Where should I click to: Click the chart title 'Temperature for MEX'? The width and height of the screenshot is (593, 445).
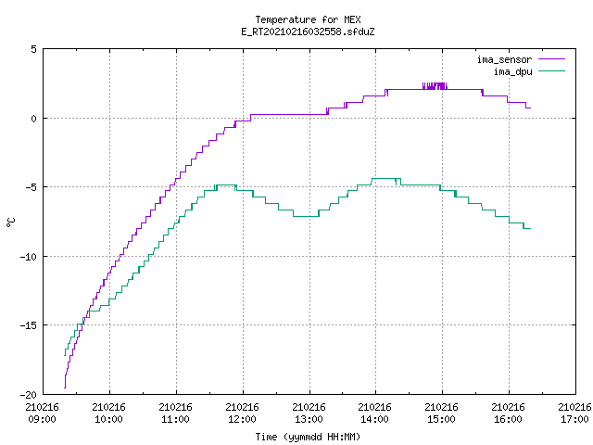tap(308, 19)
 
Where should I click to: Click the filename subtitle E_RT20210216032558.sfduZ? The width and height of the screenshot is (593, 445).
tap(308, 32)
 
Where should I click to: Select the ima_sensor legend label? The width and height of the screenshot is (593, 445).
tap(504, 59)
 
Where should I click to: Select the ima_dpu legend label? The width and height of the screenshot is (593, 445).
tap(512, 71)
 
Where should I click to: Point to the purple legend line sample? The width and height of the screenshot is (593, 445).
tap(552, 59)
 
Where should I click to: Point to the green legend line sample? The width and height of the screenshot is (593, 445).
tap(552, 71)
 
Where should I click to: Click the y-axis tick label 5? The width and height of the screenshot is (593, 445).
tap(33, 49)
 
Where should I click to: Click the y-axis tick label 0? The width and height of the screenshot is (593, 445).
tap(33, 119)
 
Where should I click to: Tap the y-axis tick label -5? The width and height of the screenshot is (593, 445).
tap(31, 187)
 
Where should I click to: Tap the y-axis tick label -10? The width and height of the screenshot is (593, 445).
tap(29, 257)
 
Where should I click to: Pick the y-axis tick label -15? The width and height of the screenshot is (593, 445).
tap(29, 325)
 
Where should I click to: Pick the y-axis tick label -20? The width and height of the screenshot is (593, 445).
tap(29, 395)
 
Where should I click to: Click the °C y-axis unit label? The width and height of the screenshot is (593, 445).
tap(10, 222)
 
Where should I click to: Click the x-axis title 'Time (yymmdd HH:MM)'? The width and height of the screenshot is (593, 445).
tap(308, 437)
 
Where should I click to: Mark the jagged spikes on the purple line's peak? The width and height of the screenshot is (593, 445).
tap(435, 86)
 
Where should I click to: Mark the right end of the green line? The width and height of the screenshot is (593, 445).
tap(530, 229)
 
